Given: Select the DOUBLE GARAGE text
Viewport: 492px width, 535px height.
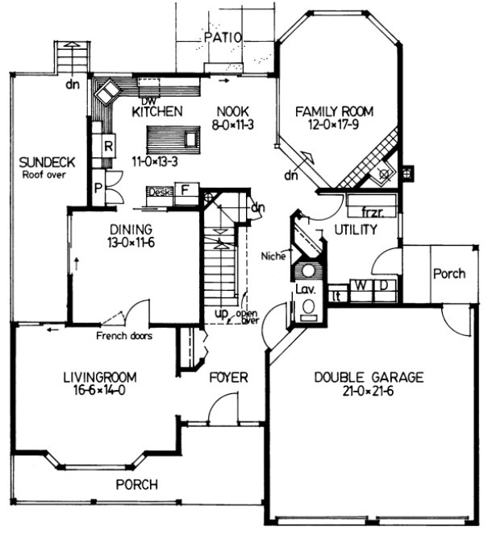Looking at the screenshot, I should pos(357,377).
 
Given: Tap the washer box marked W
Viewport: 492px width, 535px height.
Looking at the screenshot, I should pos(361,286).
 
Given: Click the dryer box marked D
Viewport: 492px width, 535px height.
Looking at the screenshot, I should pos(384,286).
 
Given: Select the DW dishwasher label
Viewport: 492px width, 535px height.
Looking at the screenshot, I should pos(146,102).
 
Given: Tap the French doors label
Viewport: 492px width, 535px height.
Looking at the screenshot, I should pos(124,335).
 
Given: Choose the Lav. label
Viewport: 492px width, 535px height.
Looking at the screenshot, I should pos(307,288).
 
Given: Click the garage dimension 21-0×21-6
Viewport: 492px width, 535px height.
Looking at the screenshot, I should pos(357,392).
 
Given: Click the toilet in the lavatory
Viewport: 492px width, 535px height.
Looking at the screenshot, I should pos(307,308).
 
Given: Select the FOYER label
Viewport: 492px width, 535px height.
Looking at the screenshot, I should pos(228,377).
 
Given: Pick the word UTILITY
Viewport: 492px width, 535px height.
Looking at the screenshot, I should pos(356,230).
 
